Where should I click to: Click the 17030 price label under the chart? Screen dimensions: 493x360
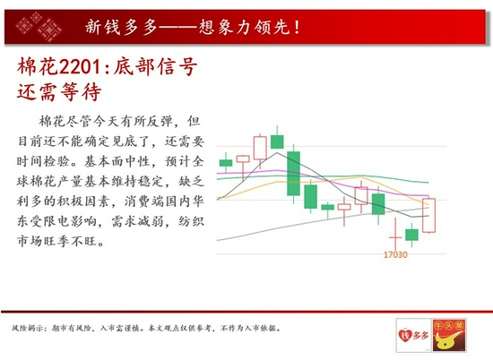(x=395, y=254)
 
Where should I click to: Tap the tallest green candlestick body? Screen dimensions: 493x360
(x=293, y=174)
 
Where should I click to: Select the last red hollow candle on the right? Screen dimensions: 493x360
(x=428, y=215)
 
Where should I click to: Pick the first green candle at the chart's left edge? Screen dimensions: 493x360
(x=226, y=163)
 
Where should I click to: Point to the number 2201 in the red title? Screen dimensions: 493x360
(x=80, y=67)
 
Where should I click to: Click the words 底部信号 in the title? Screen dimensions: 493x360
(x=155, y=66)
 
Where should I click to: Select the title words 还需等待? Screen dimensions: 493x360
(x=59, y=91)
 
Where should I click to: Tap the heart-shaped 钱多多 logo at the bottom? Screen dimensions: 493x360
(x=413, y=335)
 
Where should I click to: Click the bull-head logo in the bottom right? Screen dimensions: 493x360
(x=449, y=335)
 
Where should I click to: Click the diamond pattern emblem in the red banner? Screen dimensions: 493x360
(x=39, y=26)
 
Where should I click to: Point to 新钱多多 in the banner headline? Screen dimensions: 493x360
(x=121, y=27)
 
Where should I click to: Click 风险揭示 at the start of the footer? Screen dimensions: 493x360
(x=26, y=329)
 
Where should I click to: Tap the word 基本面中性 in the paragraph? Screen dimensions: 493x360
(x=116, y=161)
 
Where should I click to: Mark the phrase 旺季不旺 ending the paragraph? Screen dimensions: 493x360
(x=71, y=241)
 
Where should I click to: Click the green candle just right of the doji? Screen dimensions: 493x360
(x=412, y=235)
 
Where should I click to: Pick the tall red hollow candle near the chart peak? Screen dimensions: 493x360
(x=260, y=148)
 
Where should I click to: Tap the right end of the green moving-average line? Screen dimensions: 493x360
(x=428, y=182)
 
